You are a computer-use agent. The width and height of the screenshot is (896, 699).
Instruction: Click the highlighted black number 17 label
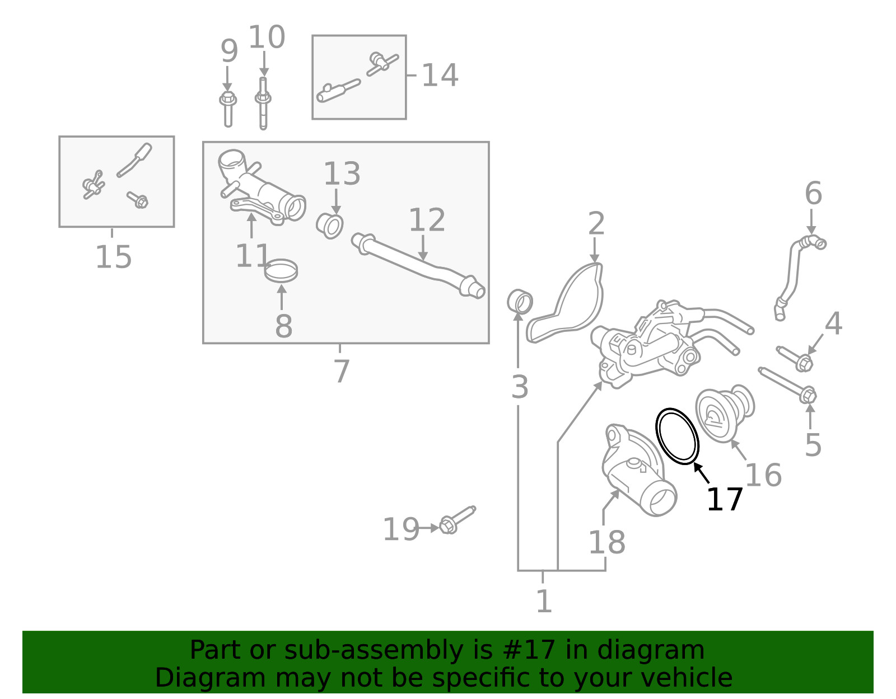[x=724, y=500]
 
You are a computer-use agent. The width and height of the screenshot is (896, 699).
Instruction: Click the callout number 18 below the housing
[x=606, y=542]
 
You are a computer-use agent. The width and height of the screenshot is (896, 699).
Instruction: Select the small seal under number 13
[x=329, y=225]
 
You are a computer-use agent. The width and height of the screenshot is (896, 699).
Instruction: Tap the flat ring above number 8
[x=281, y=271]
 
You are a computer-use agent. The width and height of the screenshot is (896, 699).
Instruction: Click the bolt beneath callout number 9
[x=228, y=109]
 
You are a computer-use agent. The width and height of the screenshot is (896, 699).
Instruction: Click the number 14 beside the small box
[x=440, y=75]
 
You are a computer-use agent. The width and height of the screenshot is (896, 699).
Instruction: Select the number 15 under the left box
[x=114, y=257]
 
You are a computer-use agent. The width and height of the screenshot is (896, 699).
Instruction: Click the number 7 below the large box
[x=341, y=370]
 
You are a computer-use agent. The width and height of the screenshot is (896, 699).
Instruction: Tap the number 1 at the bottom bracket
[x=543, y=602]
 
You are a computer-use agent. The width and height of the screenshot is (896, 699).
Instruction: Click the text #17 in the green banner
[x=529, y=650]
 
